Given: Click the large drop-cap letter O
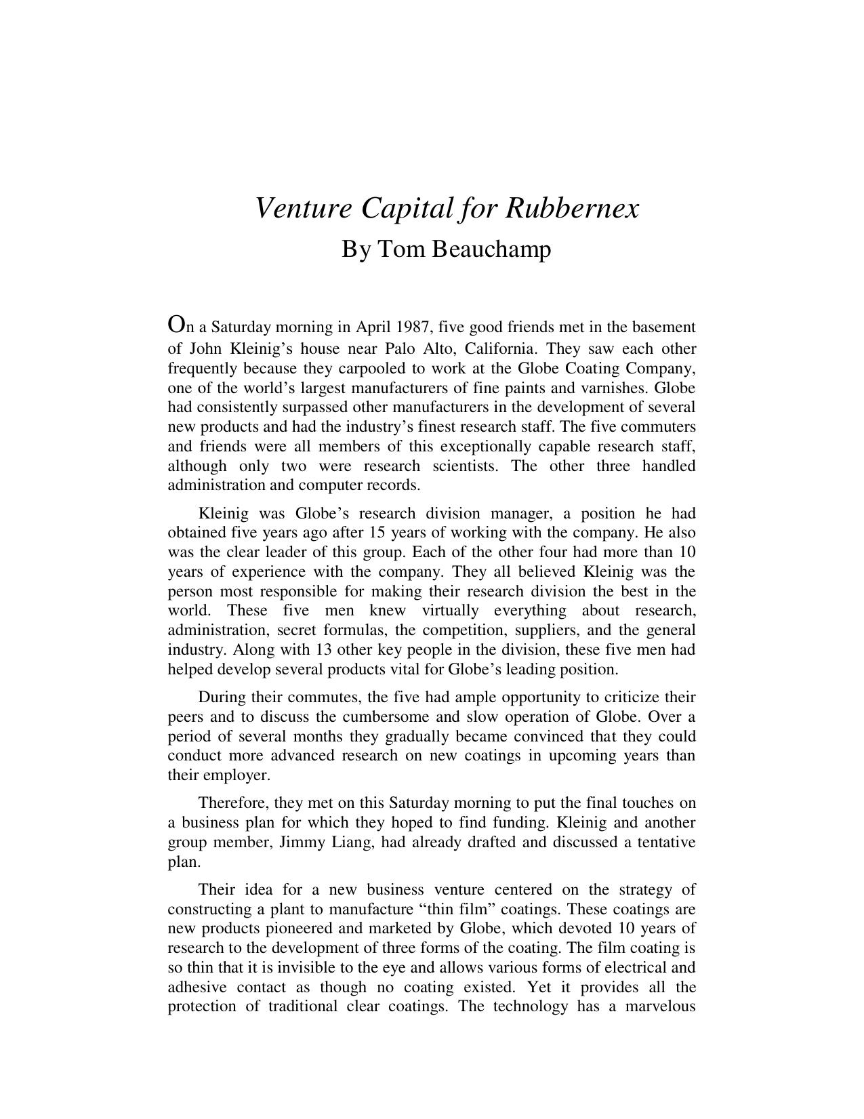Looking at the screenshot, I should pyautogui.click(x=176, y=325).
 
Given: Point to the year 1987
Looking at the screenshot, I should pyautogui.click(x=413, y=327).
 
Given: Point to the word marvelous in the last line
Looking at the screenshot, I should pyautogui.click(x=660, y=1006).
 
